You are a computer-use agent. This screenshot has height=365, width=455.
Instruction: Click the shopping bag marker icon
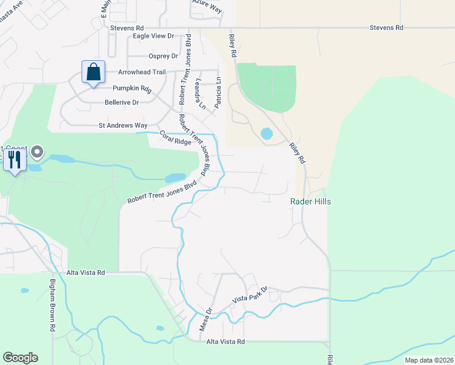93,72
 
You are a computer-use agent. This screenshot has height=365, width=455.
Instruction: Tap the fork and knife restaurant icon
15,159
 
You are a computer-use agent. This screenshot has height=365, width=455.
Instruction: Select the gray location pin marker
37,151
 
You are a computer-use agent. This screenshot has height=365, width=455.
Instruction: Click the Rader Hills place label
310,201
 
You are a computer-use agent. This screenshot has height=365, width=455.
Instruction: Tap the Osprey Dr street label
163,56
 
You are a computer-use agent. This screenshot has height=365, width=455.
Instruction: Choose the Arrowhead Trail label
141,72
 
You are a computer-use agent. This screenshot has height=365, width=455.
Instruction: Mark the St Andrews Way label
123,125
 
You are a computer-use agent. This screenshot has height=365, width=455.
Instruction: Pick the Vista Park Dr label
250,296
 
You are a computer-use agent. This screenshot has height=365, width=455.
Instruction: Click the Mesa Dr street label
206,318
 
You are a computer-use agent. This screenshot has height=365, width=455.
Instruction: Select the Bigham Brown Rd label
53,305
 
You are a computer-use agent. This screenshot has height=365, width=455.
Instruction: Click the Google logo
20,358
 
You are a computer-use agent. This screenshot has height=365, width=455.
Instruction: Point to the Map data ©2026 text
428,360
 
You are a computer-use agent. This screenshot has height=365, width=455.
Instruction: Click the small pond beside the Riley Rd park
266,133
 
